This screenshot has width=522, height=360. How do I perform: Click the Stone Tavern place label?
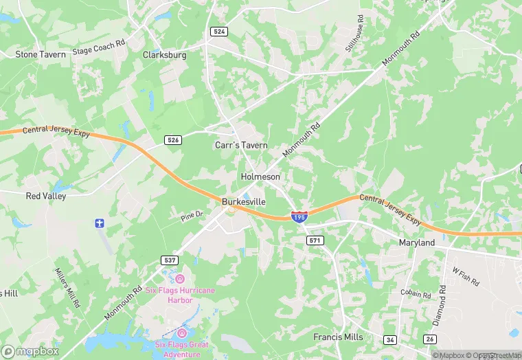pos(41,54)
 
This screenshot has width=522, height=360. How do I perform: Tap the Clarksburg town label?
pos(166,55)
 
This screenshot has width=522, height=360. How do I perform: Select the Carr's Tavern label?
pos(241,146)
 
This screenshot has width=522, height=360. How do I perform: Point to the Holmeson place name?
pos(260,177)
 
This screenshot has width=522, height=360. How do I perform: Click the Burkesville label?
pos(244,201)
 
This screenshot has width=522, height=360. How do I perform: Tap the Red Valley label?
pos(46,196)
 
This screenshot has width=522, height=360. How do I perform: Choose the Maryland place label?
pos(417,243)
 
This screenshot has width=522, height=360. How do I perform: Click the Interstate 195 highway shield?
pos(299,216)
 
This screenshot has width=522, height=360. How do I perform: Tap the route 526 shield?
pos(173,140)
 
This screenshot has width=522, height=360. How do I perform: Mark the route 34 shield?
pos(390,339)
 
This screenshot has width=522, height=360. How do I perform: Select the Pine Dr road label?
pos(193,215)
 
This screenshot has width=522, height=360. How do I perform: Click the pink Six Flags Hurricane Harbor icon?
pos(180,278)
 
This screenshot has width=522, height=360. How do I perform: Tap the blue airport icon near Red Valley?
pos(100,223)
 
